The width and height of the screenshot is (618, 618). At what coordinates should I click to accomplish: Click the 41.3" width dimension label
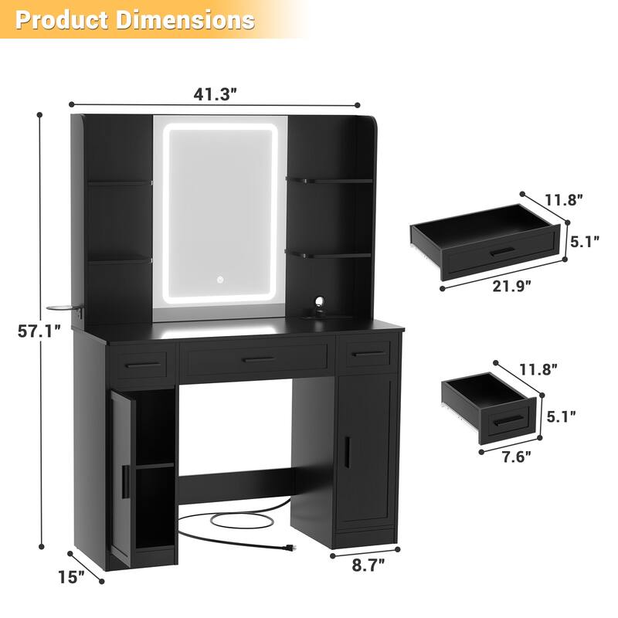coord(215,94)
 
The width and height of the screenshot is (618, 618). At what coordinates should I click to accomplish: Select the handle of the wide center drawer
coord(257,359)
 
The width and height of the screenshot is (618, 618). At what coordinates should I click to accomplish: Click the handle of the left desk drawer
coord(141,364)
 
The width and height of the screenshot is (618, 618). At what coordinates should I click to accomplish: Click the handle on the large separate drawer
coord(502,251)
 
